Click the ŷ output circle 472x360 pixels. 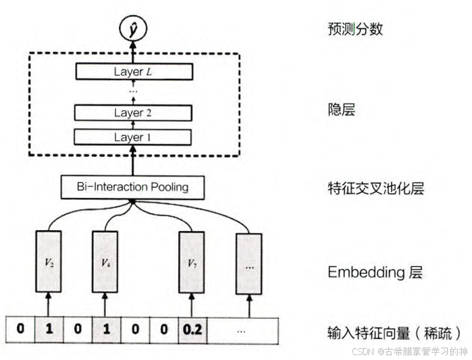coord(132,29)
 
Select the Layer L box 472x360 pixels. coord(132,71)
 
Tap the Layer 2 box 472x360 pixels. coord(132,113)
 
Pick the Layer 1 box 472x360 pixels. coord(132,137)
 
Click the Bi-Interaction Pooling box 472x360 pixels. coord(132,186)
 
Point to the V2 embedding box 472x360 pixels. coord(48,263)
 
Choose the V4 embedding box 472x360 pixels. coord(105,263)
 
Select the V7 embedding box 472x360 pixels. coord(192,263)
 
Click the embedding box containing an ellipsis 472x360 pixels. coord(249,263)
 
